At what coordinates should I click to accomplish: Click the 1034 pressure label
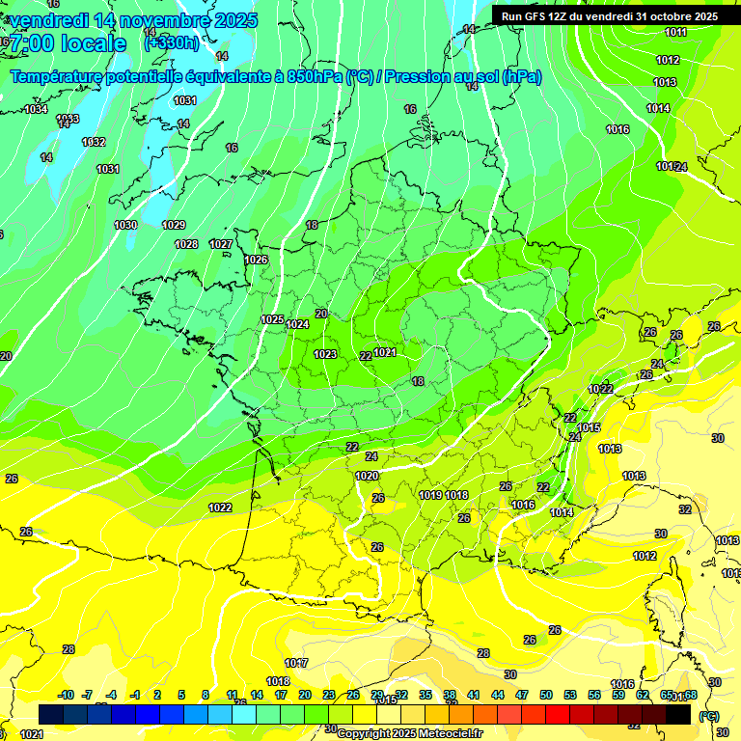point(36,109)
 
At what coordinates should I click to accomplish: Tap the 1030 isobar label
point(125,225)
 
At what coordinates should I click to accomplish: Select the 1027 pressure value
point(221,244)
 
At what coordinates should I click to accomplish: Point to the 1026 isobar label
point(256,260)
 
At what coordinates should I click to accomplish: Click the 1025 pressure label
point(272,319)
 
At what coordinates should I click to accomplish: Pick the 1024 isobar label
point(297,324)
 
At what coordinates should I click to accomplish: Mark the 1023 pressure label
point(325,354)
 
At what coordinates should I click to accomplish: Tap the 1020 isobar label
point(367,476)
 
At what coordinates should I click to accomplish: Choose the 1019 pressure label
point(430,495)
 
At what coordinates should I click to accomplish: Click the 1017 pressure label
point(296,663)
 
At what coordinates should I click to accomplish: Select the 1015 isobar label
point(590,427)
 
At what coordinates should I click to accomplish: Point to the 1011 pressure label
point(675,32)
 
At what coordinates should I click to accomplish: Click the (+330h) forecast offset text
point(171,43)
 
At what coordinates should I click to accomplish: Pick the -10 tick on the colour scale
point(66,695)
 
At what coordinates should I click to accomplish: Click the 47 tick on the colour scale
point(522,695)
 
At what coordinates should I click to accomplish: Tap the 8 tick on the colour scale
point(206,695)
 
